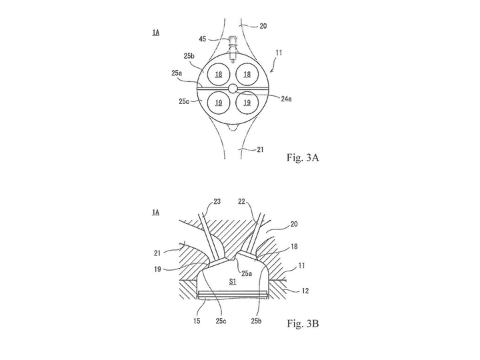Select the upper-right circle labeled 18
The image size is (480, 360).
pyautogui.click(x=246, y=75)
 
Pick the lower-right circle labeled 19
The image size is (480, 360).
pyautogui.click(x=246, y=103)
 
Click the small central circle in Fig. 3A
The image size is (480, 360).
pyautogui.click(x=233, y=89)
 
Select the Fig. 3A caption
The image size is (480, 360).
pyautogui.click(x=303, y=158)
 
